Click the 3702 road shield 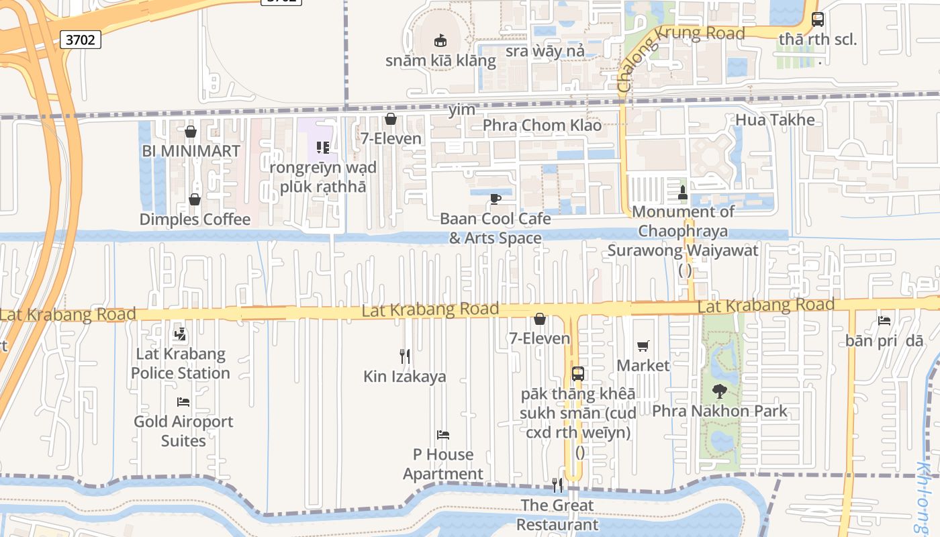(81, 40)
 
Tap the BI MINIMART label (191, 151)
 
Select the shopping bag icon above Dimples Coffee (194, 199)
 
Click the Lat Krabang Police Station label (181, 363)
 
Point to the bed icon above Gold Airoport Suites (183, 402)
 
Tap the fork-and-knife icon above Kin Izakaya (405, 356)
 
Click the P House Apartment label (443, 464)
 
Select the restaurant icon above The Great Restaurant (557, 485)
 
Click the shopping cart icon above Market (643, 346)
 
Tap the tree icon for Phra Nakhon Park (719, 391)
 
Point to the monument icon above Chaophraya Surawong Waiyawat (683, 193)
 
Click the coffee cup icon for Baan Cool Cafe (496, 199)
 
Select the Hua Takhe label (775, 120)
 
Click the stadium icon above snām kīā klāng (440, 41)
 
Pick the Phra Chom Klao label (542, 125)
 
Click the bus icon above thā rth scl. (818, 19)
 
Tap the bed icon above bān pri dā (884, 321)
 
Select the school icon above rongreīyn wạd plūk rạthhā (323, 147)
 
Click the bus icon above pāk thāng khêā (577, 374)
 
